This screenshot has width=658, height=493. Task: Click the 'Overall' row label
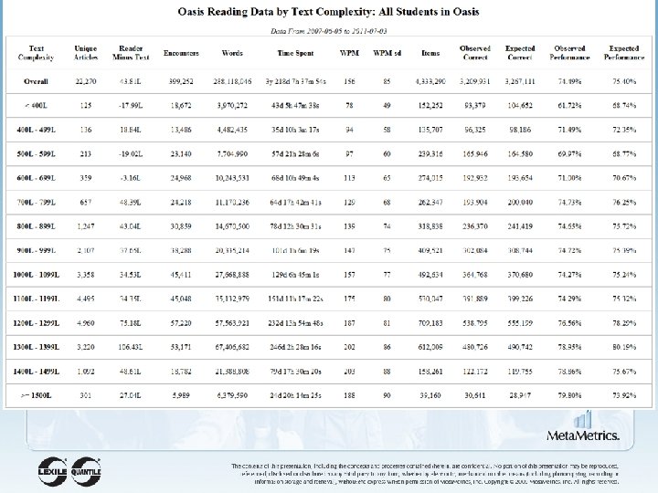click(x=37, y=80)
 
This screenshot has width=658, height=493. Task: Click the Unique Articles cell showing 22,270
click(x=86, y=80)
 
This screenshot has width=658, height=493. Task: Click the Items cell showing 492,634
click(x=430, y=274)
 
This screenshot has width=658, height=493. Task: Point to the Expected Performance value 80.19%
click(x=625, y=347)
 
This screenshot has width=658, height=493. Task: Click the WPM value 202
click(x=348, y=347)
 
